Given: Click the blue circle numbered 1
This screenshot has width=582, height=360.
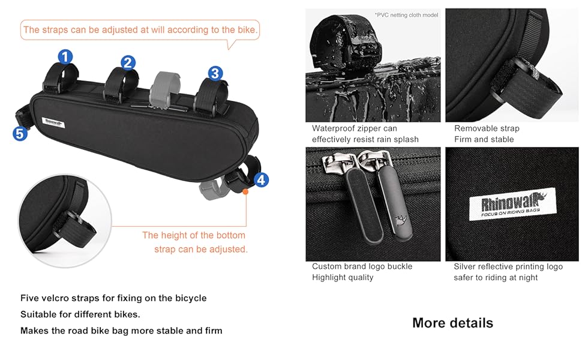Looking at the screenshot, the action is click(x=65, y=57).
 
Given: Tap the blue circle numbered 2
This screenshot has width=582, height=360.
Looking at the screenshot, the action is click(x=128, y=63).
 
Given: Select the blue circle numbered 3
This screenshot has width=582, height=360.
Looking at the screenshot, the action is click(x=215, y=73).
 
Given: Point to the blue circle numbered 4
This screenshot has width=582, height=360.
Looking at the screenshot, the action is click(x=262, y=180).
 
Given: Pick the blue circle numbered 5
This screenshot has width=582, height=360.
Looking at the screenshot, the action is click(x=20, y=134).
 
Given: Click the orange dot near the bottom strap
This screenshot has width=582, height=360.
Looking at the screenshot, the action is click(x=245, y=191).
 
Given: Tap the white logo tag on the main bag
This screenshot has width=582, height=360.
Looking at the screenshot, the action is click(x=53, y=122).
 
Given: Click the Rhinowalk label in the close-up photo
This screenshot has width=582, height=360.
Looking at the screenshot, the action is click(x=512, y=204).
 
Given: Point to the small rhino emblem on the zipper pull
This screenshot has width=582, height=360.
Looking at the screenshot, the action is click(x=401, y=220).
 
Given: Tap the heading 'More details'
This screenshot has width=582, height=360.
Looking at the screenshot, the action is click(x=453, y=323).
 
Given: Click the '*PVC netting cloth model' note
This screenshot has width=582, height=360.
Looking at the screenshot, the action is click(x=406, y=15).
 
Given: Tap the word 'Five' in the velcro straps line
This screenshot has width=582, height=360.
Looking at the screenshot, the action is click(x=29, y=298).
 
